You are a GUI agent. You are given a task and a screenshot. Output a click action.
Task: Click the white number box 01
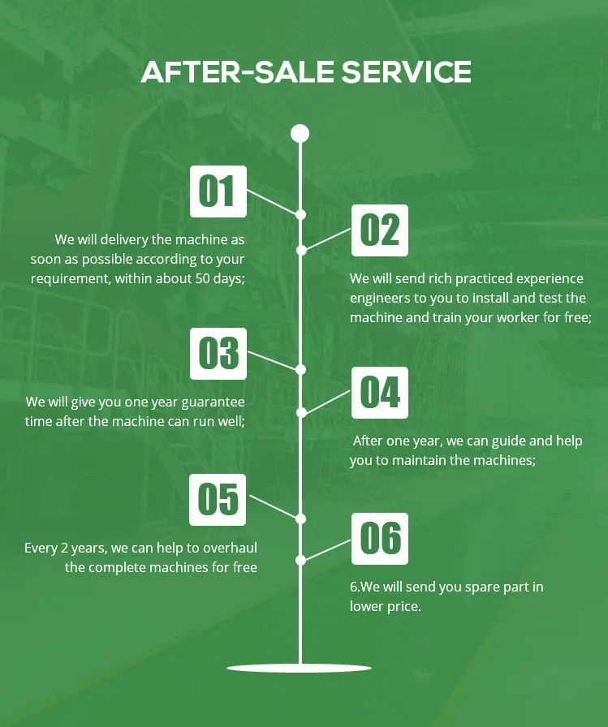tap(218, 191)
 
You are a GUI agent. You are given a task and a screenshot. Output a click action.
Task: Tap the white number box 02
tap(380, 230)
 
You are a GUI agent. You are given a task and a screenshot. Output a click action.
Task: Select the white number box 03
tap(218, 354)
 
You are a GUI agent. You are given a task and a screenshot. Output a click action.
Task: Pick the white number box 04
tap(380, 393)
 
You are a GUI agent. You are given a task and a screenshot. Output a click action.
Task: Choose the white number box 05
tap(218, 499)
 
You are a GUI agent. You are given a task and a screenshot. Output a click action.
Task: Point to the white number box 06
tap(380, 538)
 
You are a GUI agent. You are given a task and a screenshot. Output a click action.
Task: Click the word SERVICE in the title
tap(406, 72)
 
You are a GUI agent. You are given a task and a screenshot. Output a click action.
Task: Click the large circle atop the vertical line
tap(300, 133)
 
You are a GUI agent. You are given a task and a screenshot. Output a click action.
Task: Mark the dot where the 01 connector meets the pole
tap(300, 215)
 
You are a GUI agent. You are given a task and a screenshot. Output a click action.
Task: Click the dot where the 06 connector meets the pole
tap(300, 560)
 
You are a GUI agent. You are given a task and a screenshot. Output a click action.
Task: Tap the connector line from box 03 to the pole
tap(273, 361)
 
